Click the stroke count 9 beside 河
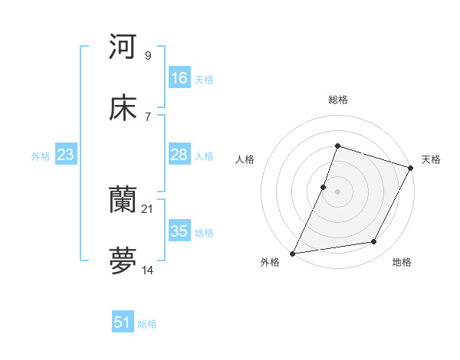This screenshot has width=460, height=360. pos(148,55)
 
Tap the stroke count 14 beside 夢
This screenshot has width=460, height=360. pos(148,271)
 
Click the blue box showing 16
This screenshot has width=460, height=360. pos(179,78)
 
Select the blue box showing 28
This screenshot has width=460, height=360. pos(179,155)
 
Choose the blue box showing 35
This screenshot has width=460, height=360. pos(179,231)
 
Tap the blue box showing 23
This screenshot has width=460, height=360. pos(66,155)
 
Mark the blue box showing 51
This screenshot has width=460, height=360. pos(123,322)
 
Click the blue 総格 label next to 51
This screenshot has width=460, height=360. pos(147,324)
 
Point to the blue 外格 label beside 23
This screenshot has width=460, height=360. pos(41,156)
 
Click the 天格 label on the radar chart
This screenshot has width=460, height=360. pos(431,159)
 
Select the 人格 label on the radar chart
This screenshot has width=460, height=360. pos(245,159)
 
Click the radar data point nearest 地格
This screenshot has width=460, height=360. pos(374,242)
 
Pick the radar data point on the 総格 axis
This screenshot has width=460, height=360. pos(337,146)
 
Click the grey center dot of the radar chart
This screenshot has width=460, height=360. pos(337,191)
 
